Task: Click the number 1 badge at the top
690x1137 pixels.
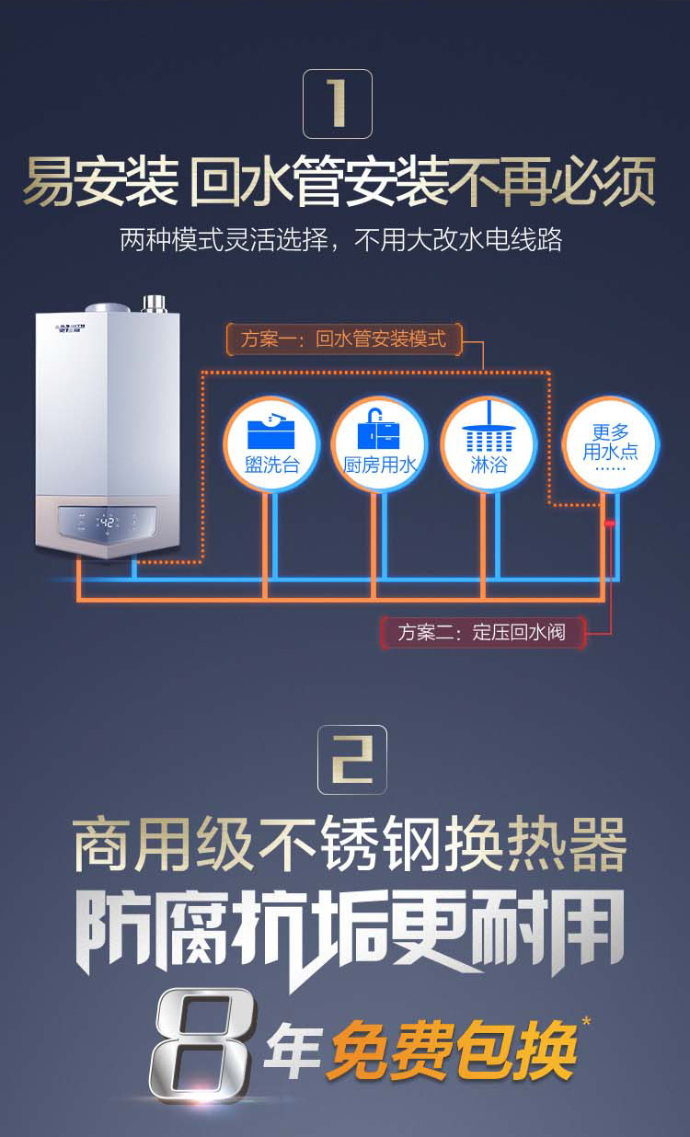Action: click(338, 104)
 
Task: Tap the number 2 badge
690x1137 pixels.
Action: click(352, 759)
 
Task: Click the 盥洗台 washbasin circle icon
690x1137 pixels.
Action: click(271, 443)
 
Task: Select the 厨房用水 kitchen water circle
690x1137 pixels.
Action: click(380, 443)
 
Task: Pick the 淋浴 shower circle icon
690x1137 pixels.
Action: click(488, 443)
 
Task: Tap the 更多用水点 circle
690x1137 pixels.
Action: click(610, 443)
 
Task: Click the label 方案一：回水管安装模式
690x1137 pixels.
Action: click(343, 339)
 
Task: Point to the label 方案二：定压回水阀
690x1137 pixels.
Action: click(482, 633)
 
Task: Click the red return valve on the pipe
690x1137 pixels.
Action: click(609, 523)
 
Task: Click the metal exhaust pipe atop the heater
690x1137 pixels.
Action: click(154, 304)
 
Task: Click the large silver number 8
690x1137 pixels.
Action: click(201, 1044)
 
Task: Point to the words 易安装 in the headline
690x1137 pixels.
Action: click(99, 183)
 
